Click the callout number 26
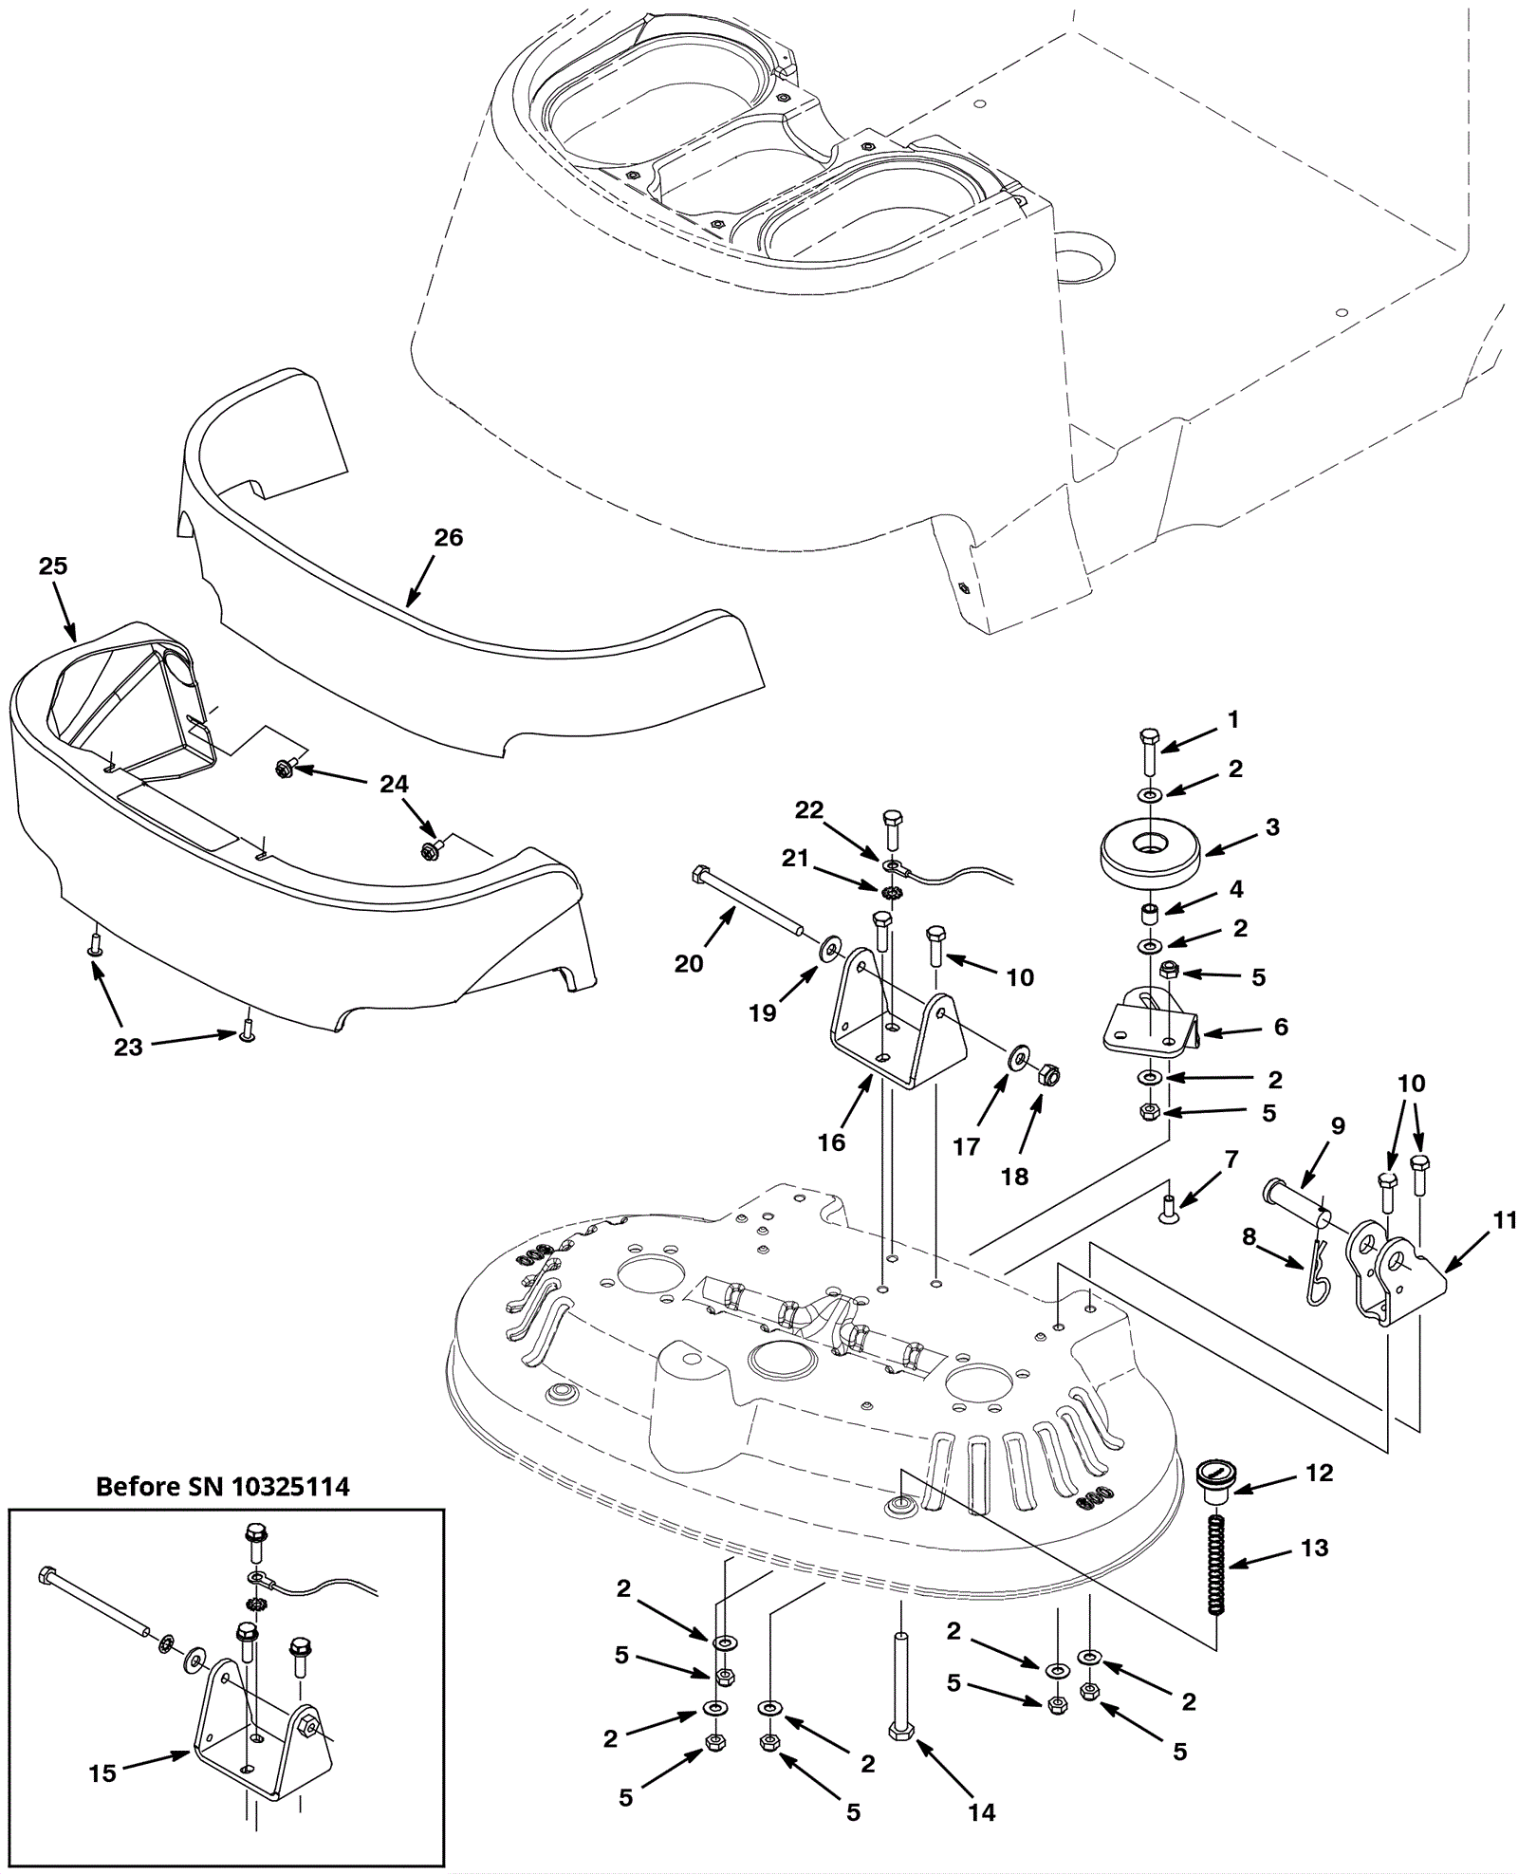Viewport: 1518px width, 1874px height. (x=448, y=537)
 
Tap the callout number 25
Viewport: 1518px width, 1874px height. (x=53, y=566)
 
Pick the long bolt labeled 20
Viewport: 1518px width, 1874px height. (x=750, y=902)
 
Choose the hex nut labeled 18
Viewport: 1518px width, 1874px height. (x=1049, y=1075)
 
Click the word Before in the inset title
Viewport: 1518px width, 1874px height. (x=137, y=1486)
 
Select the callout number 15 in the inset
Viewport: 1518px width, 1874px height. (x=102, y=1772)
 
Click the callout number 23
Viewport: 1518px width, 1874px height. (x=128, y=1047)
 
